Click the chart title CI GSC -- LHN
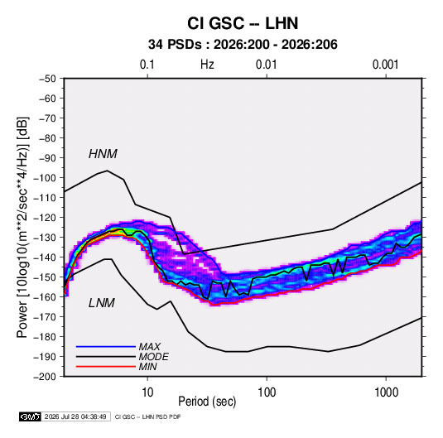click(243, 23)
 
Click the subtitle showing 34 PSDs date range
click(243, 45)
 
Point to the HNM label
click(103, 154)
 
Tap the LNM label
click(102, 303)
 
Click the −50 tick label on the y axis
click(47, 79)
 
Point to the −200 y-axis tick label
click(45, 377)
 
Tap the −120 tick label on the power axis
click(45, 218)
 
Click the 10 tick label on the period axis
click(147, 392)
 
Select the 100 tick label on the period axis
click(267, 392)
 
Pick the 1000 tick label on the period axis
click(386, 392)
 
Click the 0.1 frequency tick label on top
click(147, 65)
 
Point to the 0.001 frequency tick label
click(386, 65)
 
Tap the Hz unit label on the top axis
click(207, 65)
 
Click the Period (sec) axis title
click(207, 402)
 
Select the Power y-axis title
click(22, 228)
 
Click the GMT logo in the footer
click(30, 416)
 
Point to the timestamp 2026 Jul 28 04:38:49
click(75, 416)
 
